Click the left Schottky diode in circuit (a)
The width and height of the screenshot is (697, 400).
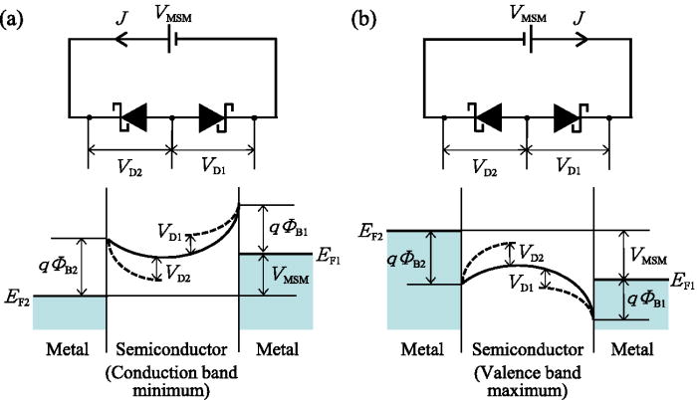tap(131, 117)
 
